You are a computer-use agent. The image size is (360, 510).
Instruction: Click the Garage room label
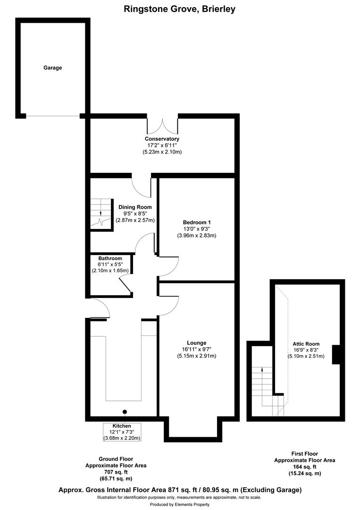[x=53, y=68]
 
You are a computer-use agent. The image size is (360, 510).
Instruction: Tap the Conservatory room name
[x=162, y=139]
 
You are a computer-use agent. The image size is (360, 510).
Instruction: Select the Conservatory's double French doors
[x=162, y=124]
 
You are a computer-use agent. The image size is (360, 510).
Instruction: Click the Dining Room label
[x=135, y=207]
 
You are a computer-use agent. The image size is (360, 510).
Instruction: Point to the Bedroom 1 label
[x=196, y=222]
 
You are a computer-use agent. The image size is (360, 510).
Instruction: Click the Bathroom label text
[x=110, y=258]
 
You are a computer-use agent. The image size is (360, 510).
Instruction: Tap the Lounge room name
[x=196, y=343]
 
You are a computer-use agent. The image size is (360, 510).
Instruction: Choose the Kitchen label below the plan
[x=122, y=425]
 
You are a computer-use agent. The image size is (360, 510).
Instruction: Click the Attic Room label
[x=306, y=344]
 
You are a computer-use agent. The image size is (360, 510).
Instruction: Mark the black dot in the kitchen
[x=125, y=411]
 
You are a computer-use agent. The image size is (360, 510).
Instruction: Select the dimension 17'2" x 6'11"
[x=162, y=145]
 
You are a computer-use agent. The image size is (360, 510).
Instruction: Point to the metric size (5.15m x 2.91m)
[x=196, y=356]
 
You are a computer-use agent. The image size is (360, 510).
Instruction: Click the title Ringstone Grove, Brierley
[x=180, y=8]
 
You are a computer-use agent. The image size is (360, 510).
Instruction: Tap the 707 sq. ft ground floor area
[x=116, y=472]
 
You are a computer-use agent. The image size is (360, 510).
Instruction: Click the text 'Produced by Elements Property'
[x=180, y=505]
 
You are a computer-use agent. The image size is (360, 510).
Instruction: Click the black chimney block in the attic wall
[x=336, y=355]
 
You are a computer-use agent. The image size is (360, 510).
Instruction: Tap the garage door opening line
[x=53, y=116]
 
